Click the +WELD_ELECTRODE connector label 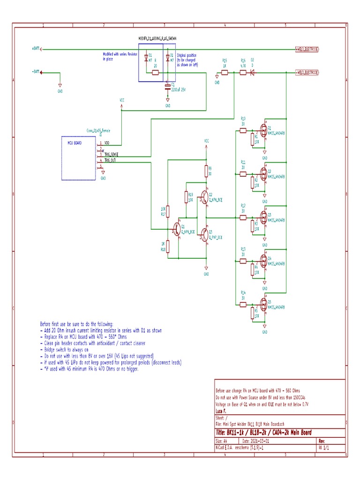307,49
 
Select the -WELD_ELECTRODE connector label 307,73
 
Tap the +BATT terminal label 35,49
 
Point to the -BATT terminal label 35,72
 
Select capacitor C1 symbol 168,87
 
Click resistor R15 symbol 225,73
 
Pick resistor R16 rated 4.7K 243,73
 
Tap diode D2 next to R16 252,73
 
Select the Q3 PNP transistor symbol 204,236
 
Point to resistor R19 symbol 186,196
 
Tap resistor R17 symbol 168,211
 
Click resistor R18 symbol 168,247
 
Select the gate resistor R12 243,217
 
